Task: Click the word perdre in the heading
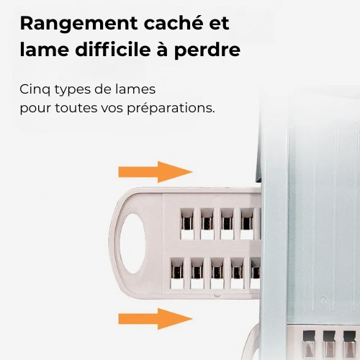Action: tap(207, 51)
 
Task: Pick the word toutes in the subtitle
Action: tap(76, 108)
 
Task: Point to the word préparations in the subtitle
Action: tap(171, 109)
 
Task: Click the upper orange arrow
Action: tap(156, 172)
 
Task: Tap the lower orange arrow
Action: tap(156, 319)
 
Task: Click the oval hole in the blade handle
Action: tap(133, 243)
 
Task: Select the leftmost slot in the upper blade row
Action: tap(187, 224)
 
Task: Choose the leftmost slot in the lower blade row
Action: tap(177, 273)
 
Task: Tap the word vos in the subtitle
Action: tap(112, 108)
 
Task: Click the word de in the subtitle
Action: tap(104, 89)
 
